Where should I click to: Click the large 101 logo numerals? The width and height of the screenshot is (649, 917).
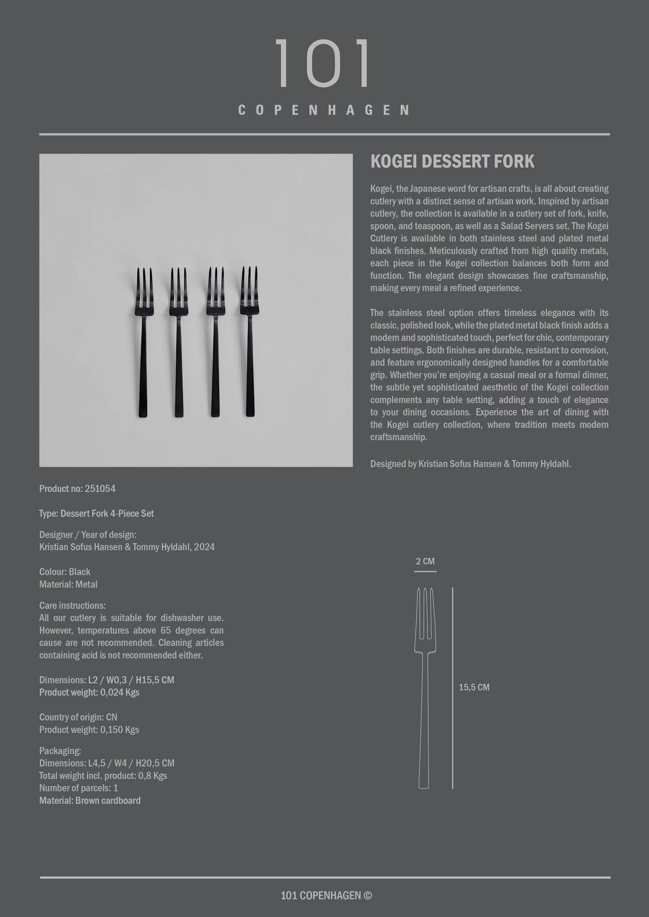[x=323, y=63]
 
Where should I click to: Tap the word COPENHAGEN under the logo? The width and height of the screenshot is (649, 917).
[x=323, y=110]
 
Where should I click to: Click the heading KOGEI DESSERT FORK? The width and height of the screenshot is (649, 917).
[x=452, y=161]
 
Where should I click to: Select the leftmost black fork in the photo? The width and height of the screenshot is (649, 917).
[x=144, y=342]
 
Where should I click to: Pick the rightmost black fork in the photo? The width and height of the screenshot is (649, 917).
[x=250, y=341]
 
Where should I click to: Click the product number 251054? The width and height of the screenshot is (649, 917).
[x=100, y=488]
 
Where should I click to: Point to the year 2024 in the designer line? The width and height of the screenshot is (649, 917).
[x=204, y=547]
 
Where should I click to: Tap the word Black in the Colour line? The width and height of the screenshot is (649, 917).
[x=80, y=572]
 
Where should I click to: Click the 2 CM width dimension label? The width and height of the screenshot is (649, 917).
[x=425, y=561]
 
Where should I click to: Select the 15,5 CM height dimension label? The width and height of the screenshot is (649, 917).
[x=474, y=687]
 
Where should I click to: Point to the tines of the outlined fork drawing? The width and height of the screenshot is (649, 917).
[x=425, y=613]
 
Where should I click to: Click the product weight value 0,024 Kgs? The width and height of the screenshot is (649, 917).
[x=120, y=692]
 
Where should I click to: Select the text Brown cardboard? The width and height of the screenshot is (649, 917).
[x=108, y=800]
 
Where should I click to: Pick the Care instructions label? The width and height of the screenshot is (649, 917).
[x=72, y=605]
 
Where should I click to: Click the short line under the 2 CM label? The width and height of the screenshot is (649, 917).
[x=425, y=572]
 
